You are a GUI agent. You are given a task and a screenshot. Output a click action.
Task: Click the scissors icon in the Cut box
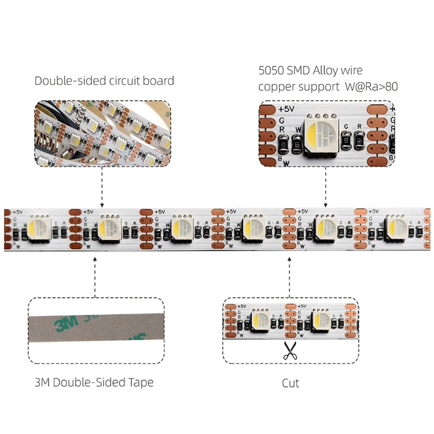coord(289,352)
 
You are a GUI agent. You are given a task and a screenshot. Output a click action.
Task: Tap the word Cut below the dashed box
coord(290,383)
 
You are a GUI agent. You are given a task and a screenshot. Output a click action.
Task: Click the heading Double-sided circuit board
coord(104,80)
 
